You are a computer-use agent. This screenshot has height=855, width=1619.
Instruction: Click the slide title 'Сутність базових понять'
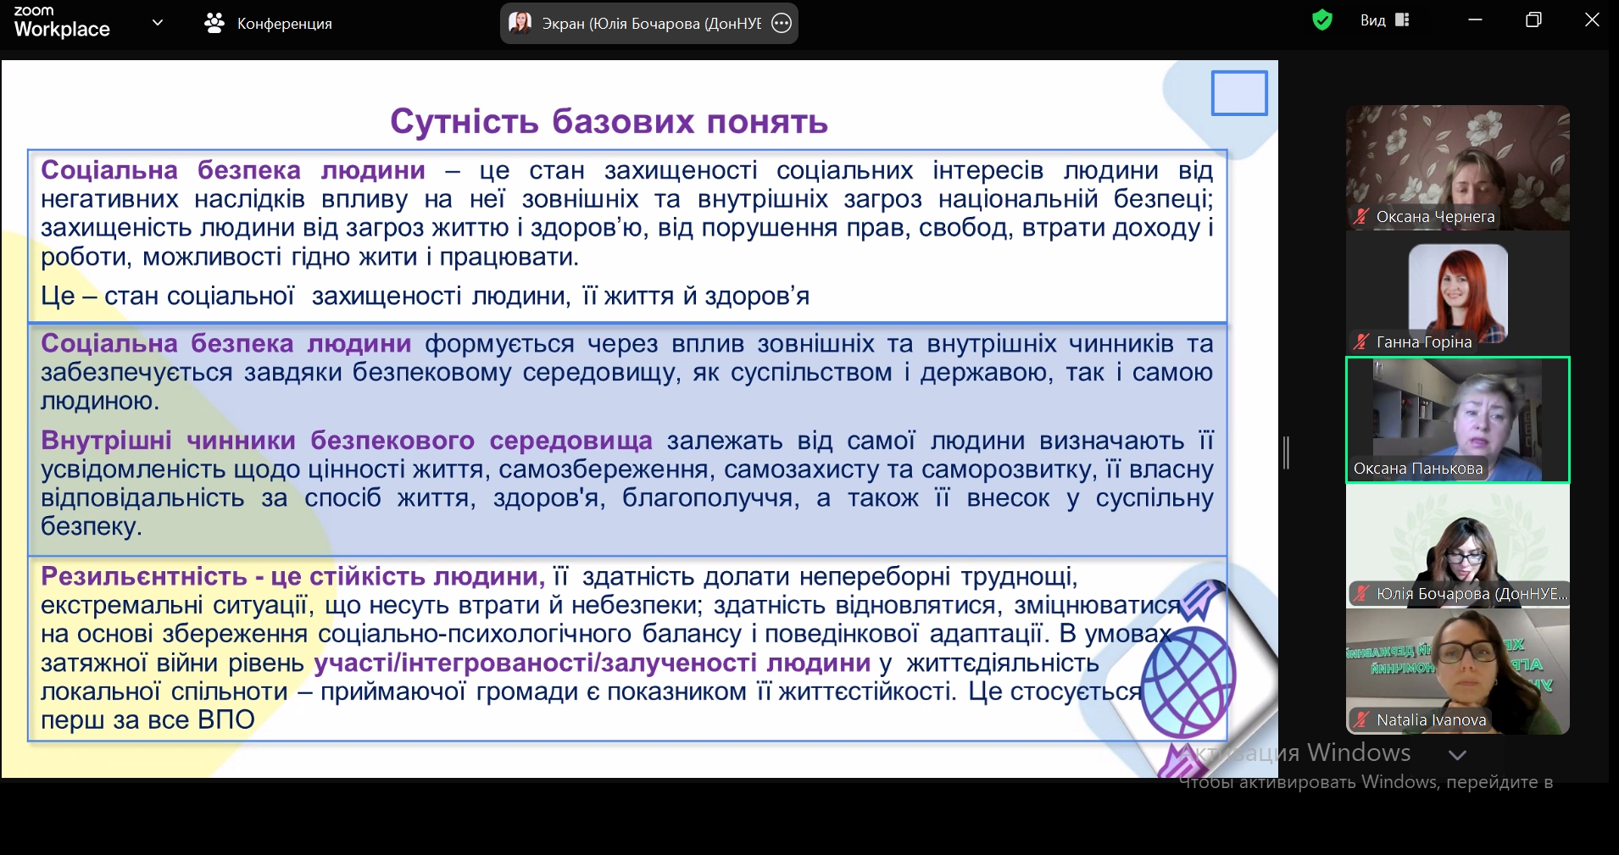pyautogui.click(x=609, y=122)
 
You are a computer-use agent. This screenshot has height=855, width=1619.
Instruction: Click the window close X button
pyautogui.click(x=1592, y=19)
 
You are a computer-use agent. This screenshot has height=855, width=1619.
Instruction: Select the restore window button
pyautogui.click(x=1533, y=19)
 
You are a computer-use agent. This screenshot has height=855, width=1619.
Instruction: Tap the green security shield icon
pyautogui.click(x=1321, y=19)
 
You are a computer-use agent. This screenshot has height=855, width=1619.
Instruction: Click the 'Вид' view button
pyautogui.click(x=1384, y=19)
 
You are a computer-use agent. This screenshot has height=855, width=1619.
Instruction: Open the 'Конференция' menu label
pyautogui.click(x=285, y=24)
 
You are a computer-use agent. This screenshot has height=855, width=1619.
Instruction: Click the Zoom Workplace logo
pyautogui.click(x=62, y=22)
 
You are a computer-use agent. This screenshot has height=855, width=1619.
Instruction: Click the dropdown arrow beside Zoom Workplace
pyautogui.click(x=157, y=23)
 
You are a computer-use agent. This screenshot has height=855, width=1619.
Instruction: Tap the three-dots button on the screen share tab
pyautogui.click(x=782, y=23)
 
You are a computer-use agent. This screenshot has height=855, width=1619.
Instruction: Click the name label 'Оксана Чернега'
pyautogui.click(x=1435, y=217)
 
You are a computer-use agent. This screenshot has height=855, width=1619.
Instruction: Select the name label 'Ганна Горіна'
pyautogui.click(x=1424, y=342)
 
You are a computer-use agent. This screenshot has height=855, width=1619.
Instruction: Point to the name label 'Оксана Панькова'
pyautogui.click(x=1418, y=469)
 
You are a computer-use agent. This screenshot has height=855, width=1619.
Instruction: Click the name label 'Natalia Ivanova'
pyautogui.click(x=1431, y=720)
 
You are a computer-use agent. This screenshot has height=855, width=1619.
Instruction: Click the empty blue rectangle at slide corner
pyautogui.click(x=1239, y=92)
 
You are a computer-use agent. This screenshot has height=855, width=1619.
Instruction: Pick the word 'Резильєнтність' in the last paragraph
pyautogui.click(x=144, y=576)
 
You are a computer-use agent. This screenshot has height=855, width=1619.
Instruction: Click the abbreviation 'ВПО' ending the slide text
pyautogui.click(x=225, y=720)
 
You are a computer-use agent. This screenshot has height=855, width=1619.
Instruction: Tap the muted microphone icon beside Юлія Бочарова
pyautogui.click(x=1361, y=594)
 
